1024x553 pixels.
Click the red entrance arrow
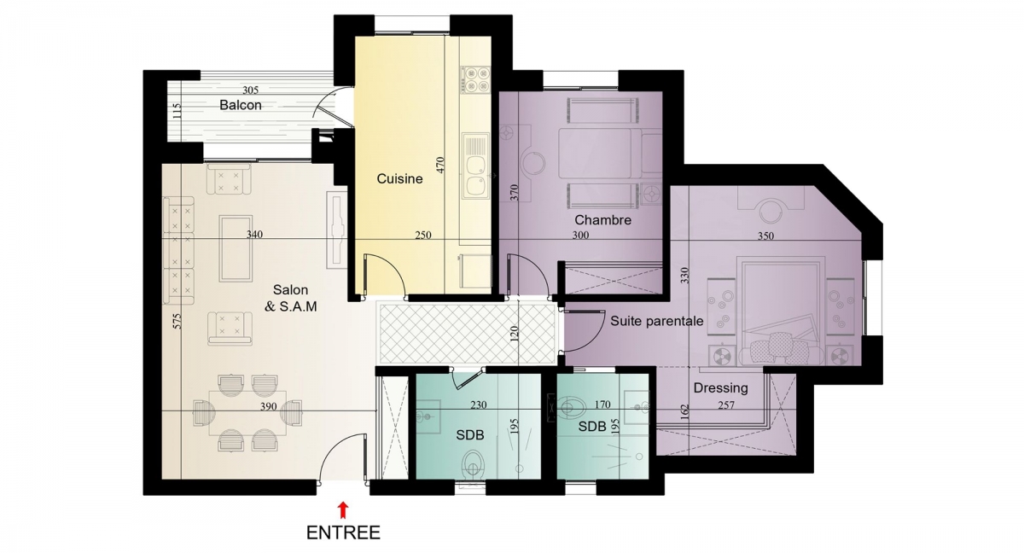tap(343, 509)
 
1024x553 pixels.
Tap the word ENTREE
tap(343, 533)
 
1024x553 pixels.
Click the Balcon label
tap(241, 105)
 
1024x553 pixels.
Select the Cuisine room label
tap(399, 178)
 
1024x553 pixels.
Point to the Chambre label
tap(603, 220)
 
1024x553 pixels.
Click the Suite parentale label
tap(657, 321)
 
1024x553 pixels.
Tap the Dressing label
tap(721, 388)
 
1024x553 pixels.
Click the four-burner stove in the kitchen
tap(475, 80)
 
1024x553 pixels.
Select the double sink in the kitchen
tap(475, 166)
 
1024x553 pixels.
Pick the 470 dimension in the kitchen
tap(439, 164)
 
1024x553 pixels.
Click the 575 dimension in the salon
tap(177, 321)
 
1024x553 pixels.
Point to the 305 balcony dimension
tap(251, 90)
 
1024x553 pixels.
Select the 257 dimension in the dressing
tap(726, 405)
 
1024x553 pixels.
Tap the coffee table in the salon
tap(236, 248)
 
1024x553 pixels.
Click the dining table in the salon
tap(247, 413)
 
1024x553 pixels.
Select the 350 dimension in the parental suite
tap(765, 236)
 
